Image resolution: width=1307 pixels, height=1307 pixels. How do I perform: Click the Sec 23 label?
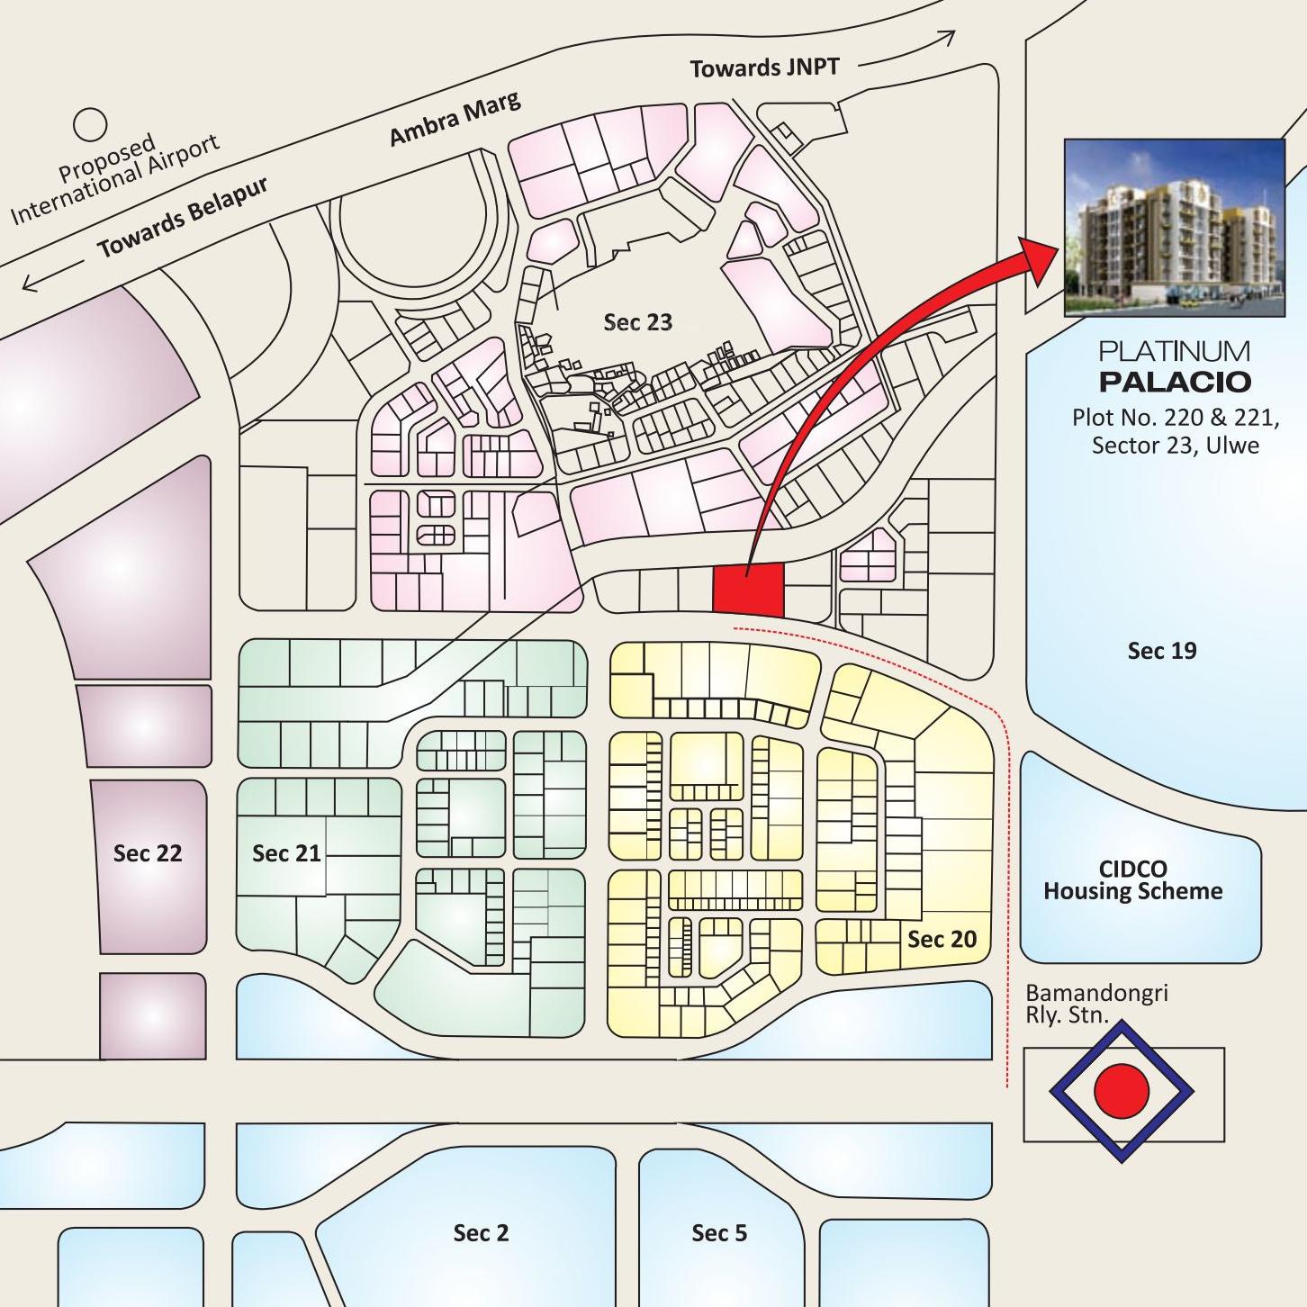pyautogui.click(x=637, y=322)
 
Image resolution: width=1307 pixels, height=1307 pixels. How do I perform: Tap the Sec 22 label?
pyautogui.click(x=148, y=853)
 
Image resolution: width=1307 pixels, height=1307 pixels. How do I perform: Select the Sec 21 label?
pyautogui.click(x=286, y=853)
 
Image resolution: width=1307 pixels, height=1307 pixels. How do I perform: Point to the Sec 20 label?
pyautogui.click(x=942, y=940)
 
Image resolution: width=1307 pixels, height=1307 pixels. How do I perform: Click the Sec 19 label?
pyautogui.click(x=1162, y=651)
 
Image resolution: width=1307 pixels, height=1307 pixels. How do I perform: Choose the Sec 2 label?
pyautogui.click(x=481, y=1233)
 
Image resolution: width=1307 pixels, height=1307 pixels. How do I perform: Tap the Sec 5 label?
pyautogui.click(x=719, y=1233)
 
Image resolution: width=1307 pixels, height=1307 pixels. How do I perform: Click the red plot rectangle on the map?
pyautogui.click(x=748, y=590)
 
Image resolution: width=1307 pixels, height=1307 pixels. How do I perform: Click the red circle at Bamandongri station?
pyautogui.click(x=1122, y=1091)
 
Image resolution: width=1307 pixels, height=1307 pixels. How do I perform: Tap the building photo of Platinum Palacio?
pyautogui.click(x=1174, y=228)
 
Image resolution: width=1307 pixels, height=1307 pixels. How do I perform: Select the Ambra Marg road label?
pyautogui.click(x=455, y=119)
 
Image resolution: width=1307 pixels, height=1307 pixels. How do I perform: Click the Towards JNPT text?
pyautogui.click(x=764, y=68)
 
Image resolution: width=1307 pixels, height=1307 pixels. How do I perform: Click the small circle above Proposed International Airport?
pyautogui.click(x=90, y=124)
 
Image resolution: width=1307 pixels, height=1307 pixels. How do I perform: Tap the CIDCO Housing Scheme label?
pyautogui.click(x=1133, y=880)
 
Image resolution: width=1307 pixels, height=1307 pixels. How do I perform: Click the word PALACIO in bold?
pyautogui.click(x=1175, y=382)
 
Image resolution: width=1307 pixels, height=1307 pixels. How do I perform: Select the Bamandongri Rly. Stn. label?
pyautogui.click(x=1095, y=1005)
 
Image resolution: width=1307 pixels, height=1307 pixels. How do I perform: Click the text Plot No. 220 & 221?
pyautogui.click(x=1175, y=418)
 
